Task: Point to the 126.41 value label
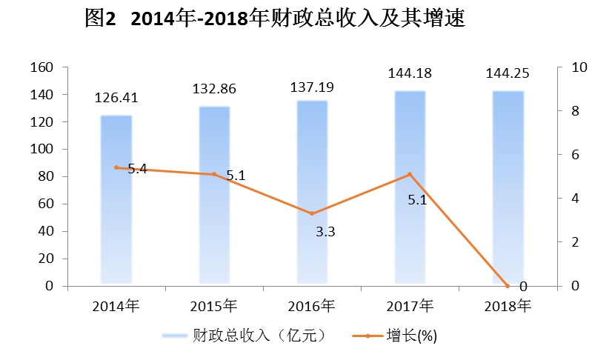116,98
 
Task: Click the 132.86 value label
214,89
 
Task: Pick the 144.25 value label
508,74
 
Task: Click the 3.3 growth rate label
325,232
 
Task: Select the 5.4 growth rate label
137,169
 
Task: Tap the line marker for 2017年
410,175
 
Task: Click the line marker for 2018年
508,285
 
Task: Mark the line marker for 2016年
312,213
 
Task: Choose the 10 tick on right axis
559,67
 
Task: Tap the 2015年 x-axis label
214,305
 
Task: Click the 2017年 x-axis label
410,305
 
